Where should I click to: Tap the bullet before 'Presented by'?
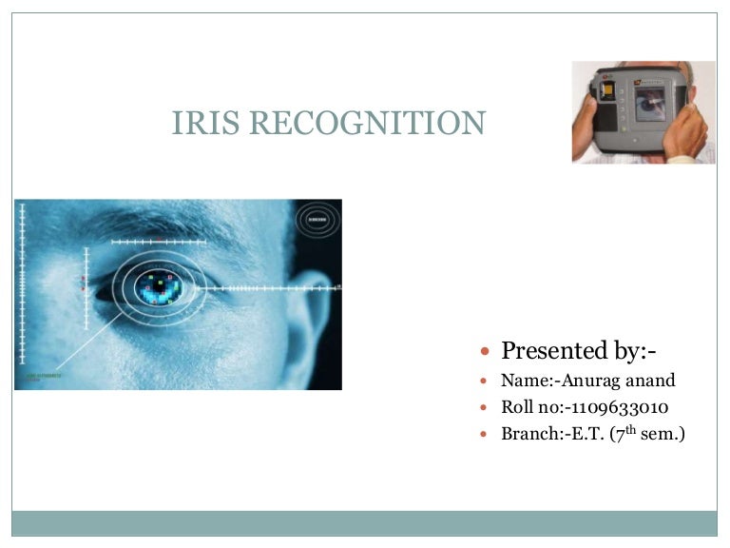[485, 352]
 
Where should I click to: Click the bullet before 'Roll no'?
[485, 408]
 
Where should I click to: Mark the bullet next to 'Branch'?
[485, 435]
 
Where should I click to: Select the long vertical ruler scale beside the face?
[22, 285]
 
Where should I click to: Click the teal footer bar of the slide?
[365, 522]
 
